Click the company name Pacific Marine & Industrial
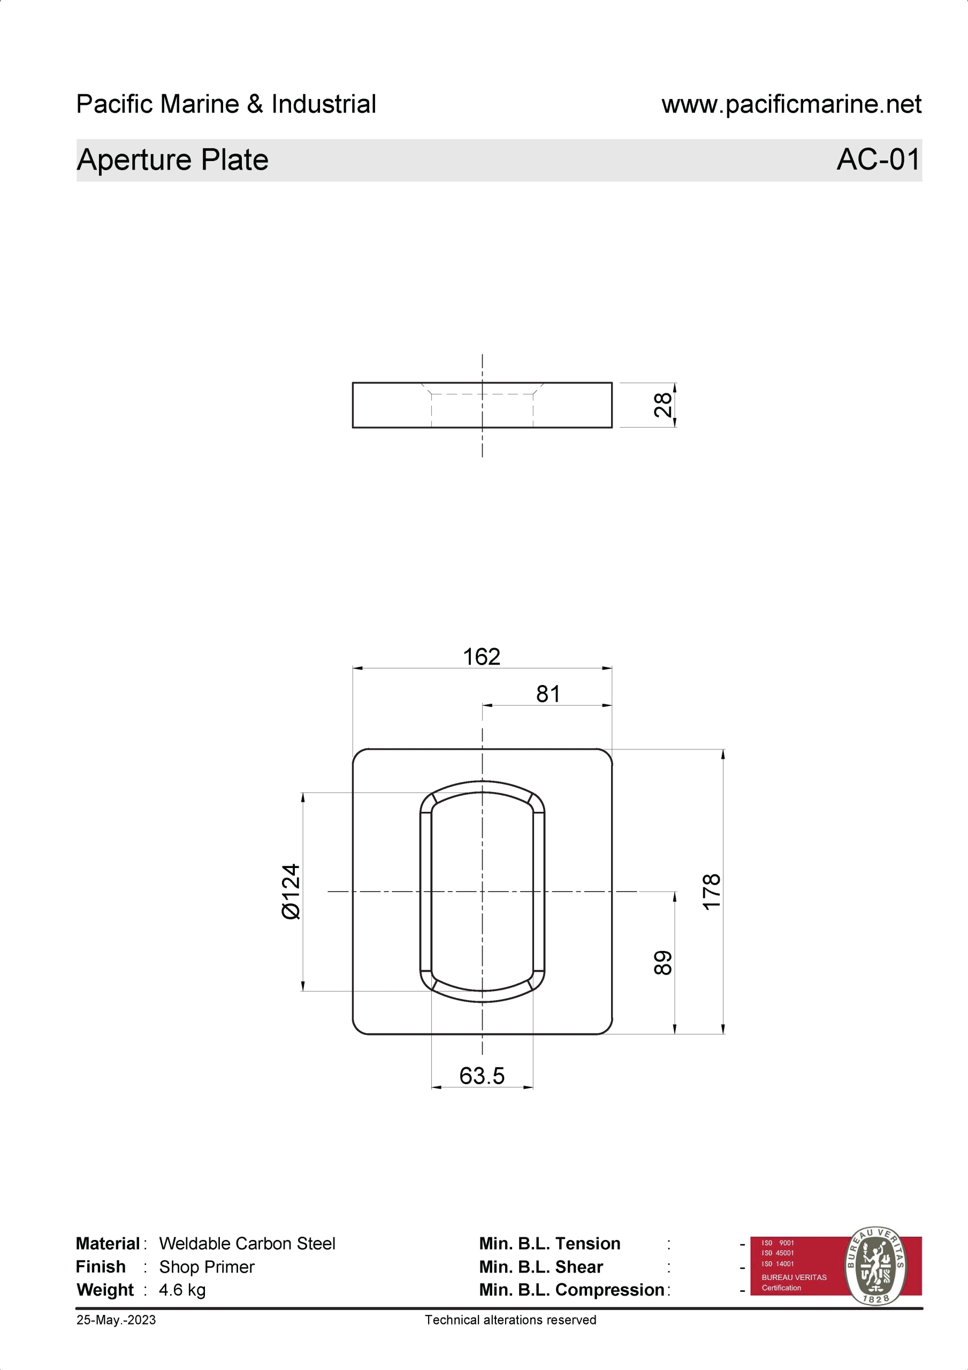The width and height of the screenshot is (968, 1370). (x=226, y=104)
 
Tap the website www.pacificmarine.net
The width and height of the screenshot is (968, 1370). (x=791, y=104)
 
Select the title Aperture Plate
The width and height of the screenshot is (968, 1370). (x=172, y=160)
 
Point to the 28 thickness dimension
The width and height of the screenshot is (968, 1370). (x=662, y=405)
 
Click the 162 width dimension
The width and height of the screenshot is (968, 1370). (x=481, y=657)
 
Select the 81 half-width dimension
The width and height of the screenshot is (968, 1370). (x=547, y=694)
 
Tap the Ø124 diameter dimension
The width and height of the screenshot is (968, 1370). (x=291, y=892)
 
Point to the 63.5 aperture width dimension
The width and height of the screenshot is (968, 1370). (x=482, y=1075)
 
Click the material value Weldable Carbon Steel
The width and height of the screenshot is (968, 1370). (x=247, y=1244)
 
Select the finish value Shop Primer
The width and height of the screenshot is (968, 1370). (x=207, y=1267)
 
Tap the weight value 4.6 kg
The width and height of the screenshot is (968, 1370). (x=182, y=1290)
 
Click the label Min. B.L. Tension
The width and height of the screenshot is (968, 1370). (x=549, y=1244)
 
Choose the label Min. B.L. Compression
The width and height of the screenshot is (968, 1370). (x=571, y=1290)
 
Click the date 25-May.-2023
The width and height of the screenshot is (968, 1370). (x=116, y=1320)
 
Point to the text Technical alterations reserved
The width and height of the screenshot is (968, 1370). (x=510, y=1320)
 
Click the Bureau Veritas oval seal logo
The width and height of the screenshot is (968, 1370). (x=875, y=1265)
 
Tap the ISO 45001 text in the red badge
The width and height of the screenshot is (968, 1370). (x=778, y=1253)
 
